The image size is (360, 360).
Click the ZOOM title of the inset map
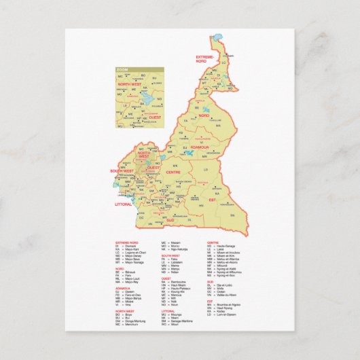pyautogui.click(x=122, y=70)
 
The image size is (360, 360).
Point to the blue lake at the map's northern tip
pyautogui.click(x=217, y=38)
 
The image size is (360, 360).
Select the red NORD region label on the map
pyautogui.click(x=204, y=116)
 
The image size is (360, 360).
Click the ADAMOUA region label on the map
pyautogui.click(x=200, y=147)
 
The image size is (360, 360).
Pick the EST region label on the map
pyautogui.click(x=211, y=200)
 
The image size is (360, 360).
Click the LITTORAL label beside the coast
pyautogui.click(x=123, y=202)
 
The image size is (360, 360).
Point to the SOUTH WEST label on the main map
pyautogui.click(x=122, y=171)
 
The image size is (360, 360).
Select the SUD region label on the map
pyautogui.click(x=170, y=220)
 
